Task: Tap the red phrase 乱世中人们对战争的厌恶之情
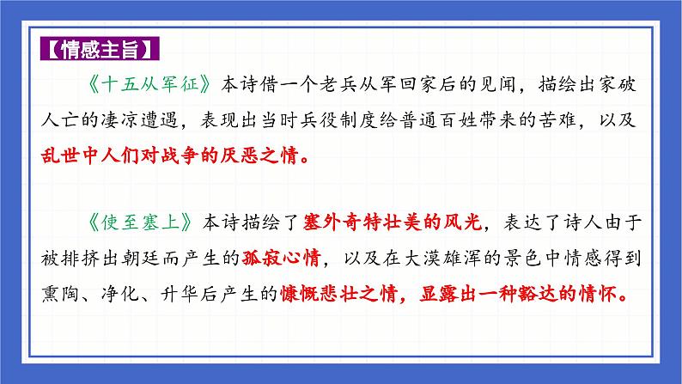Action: (x=179, y=158)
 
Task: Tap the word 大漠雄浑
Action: (x=452, y=259)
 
